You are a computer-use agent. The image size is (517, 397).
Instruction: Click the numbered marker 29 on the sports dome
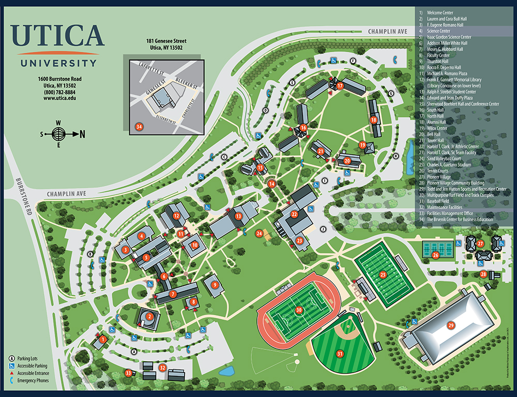tap(450, 325)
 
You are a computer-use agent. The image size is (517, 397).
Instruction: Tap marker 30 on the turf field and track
tap(299, 310)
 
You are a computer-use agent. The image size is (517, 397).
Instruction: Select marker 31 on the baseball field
tap(340, 354)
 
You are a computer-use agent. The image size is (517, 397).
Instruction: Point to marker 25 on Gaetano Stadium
tap(383, 275)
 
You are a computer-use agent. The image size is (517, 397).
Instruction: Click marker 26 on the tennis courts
tap(435, 255)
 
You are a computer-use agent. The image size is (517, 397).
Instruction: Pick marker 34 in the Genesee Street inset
tap(138, 126)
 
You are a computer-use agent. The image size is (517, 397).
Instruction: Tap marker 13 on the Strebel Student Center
tap(238, 216)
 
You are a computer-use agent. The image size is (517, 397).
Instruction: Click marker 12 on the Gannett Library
tap(176, 216)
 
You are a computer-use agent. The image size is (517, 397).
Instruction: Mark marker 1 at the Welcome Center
tap(102, 340)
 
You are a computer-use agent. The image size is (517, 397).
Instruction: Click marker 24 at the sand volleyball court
tap(258, 233)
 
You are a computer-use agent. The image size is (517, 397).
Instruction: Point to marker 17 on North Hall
tap(340, 86)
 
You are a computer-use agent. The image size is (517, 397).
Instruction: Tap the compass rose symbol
tap(59, 134)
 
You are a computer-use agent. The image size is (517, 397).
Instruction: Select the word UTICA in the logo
tap(57, 35)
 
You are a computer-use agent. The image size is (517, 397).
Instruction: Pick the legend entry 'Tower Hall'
tap(436, 140)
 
